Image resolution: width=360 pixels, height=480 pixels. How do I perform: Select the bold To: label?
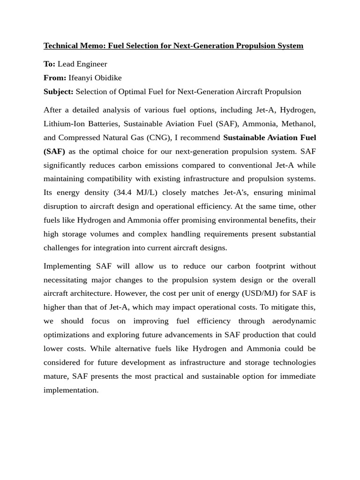click(x=49, y=64)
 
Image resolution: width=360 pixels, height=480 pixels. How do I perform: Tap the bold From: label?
click(x=55, y=78)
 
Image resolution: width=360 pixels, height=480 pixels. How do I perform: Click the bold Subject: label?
click(x=59, y=91)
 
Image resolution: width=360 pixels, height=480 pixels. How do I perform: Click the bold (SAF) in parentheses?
click(x=54, y=151)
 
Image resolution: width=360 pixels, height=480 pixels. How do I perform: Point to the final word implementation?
click(x=71, y=390)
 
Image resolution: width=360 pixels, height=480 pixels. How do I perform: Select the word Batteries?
click(x=103, y=124)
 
